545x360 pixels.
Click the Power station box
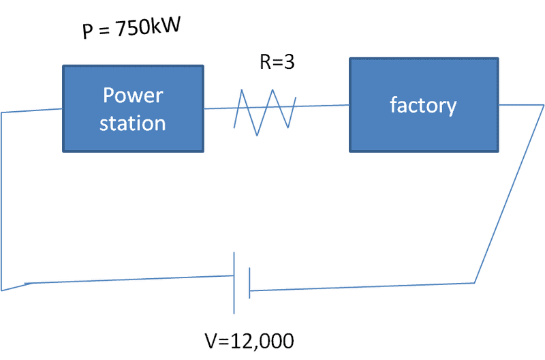click(x=134, y=108)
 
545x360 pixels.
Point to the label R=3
click(x=277, y=62)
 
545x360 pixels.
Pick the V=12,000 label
click(x=249, y=340)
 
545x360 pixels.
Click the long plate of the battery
click(x=234, y=283)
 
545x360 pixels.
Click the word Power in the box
click(x=133, y=95)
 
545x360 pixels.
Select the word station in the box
click(x=133, y=123)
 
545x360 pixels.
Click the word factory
click(x=423, y=105)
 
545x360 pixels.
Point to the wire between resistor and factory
click(x=323, y=106)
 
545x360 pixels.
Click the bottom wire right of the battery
click(x=361, y=287)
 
